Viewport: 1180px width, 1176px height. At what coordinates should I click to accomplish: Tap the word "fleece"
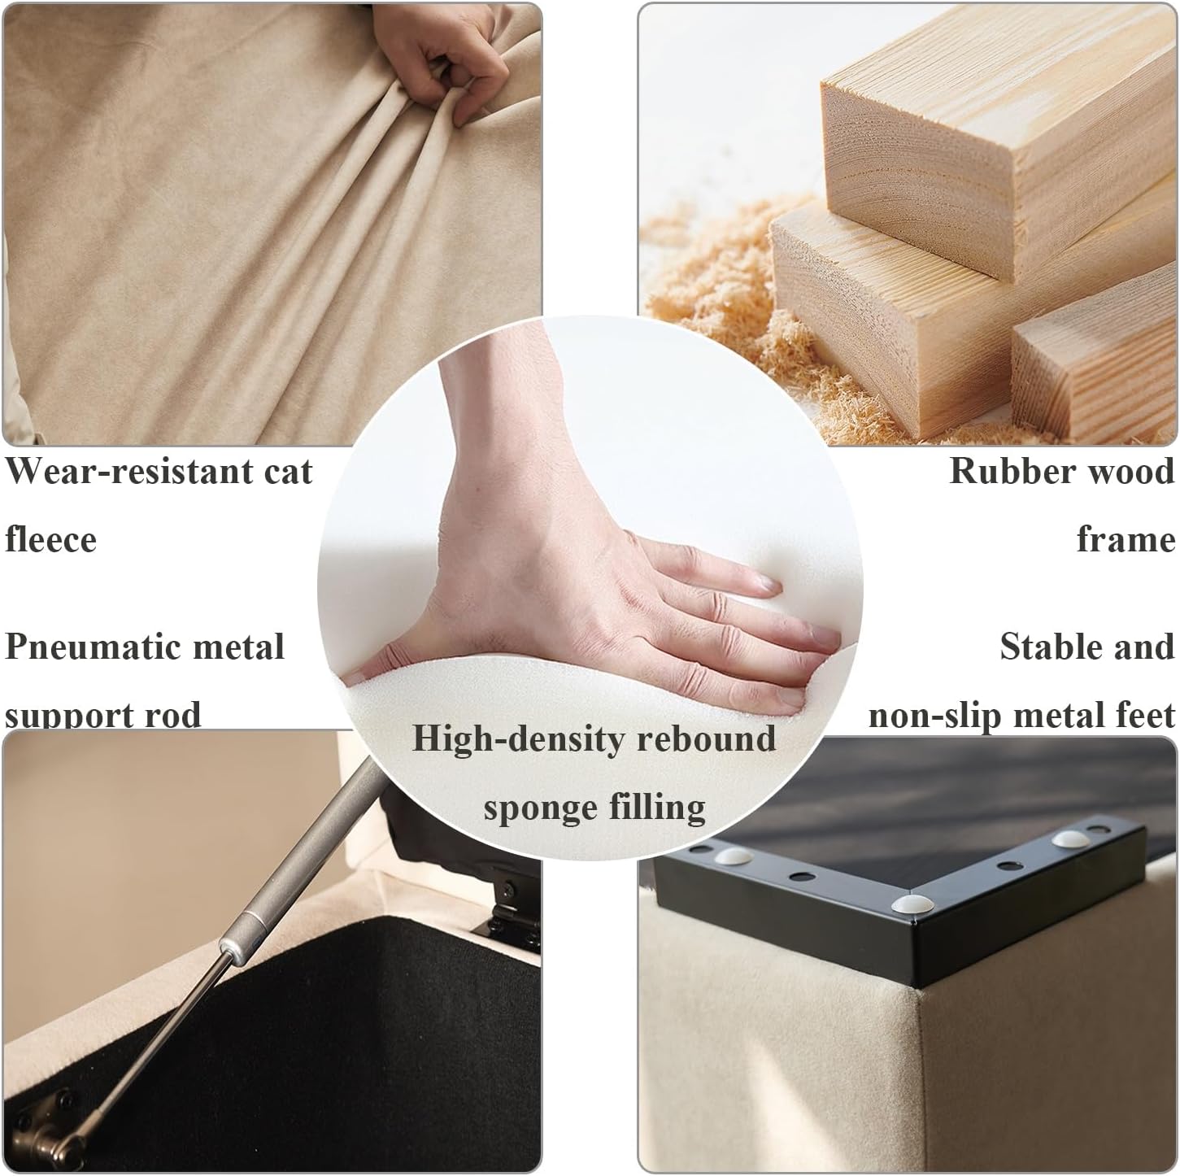(50, 540)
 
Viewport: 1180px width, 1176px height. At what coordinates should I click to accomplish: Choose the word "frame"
(1126, 540)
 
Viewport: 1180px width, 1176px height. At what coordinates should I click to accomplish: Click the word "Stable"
(1049, 647)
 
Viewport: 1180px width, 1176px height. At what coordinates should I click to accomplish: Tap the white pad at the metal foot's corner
(909, 904)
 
